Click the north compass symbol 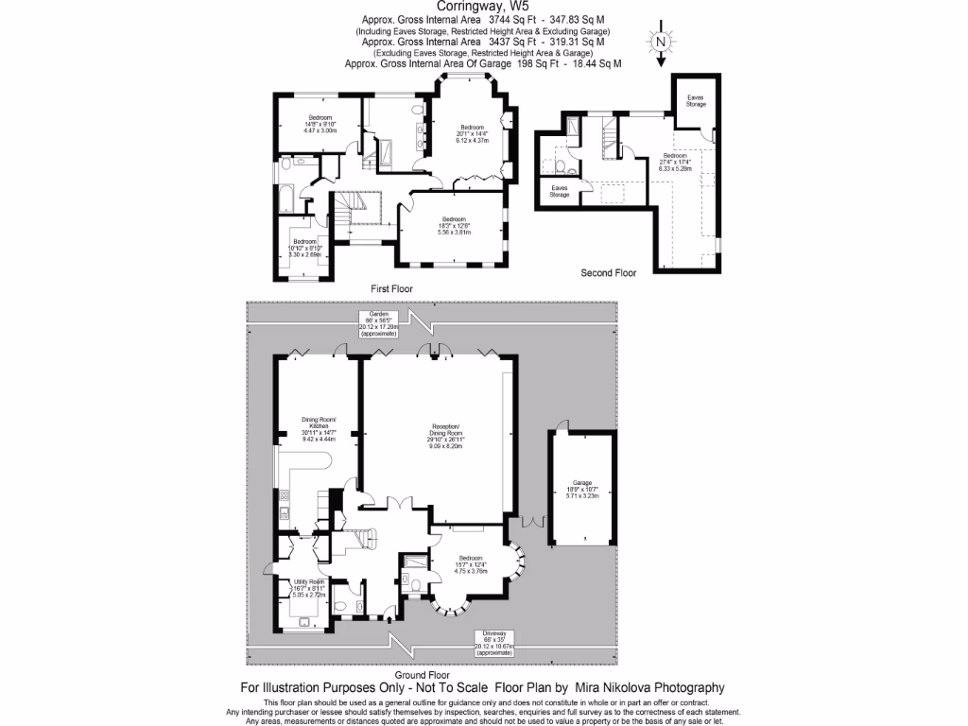click(661, 43)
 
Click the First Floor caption click(391, 287)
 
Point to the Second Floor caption click(608, 272)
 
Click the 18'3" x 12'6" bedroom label click(453, 229)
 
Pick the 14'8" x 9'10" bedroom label click(320, 124)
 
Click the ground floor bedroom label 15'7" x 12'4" click(471, 564)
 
